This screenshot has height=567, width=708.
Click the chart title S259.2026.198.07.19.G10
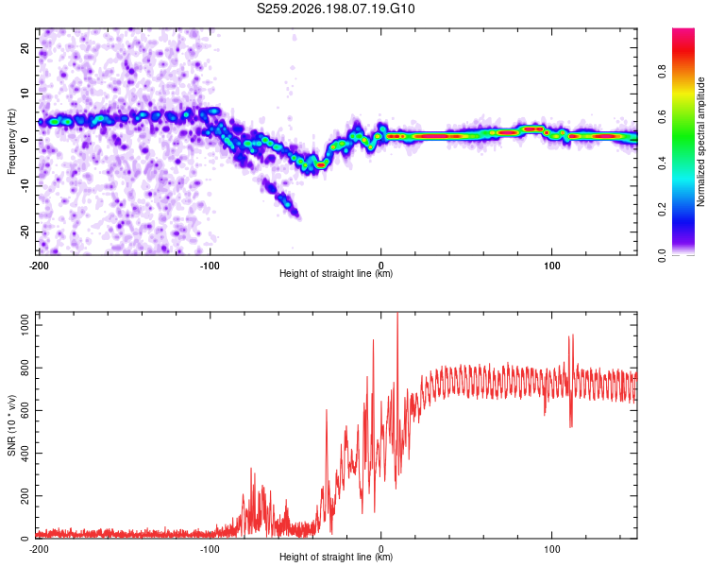pyautogui.click(x=335, y=9)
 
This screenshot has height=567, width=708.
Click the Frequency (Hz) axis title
pyautogui.click(x=11, y=142)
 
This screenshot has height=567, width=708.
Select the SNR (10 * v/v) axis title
pyautogui.click(x=11, y=425)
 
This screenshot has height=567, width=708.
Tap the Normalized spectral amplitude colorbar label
pyautogui.click(x=700, y=142)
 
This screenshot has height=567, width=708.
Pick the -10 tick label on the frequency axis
pyautogui.click(x=25, y=186)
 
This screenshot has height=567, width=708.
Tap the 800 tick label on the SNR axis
pyautogui.click(x=25, y=368)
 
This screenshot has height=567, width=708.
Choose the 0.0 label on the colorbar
pyautogui.click(x=662, y=255)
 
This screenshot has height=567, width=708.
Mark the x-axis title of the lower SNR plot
pyautogui.click(x=336, y=557)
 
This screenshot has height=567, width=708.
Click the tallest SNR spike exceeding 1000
pyautogui.click(x=397, y=314)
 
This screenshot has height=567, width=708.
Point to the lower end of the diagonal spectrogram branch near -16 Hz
pyautogui.click(x=297, y=215)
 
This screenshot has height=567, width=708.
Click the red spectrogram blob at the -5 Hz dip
pyautogui.click(x=321, y=165)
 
